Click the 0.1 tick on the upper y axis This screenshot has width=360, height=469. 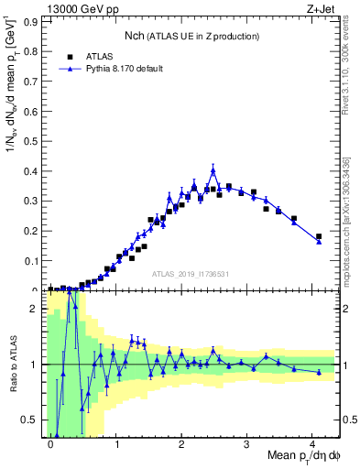pyautogui.click(x=30, y=260)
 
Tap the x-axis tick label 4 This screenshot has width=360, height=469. pyautogui.click(x=312, y=443)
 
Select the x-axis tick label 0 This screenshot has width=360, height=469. pyautogui.click(x=50, y=443)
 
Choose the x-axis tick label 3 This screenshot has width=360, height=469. pyautogui.click(x=246, y=443)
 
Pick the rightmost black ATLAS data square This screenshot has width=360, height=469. pyautogui.click(x=319, y=236)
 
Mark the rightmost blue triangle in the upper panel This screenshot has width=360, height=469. pyautogui.click(x=319, y=242)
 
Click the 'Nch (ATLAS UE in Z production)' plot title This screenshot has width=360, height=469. pyautogui.click(x=191, y=35)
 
